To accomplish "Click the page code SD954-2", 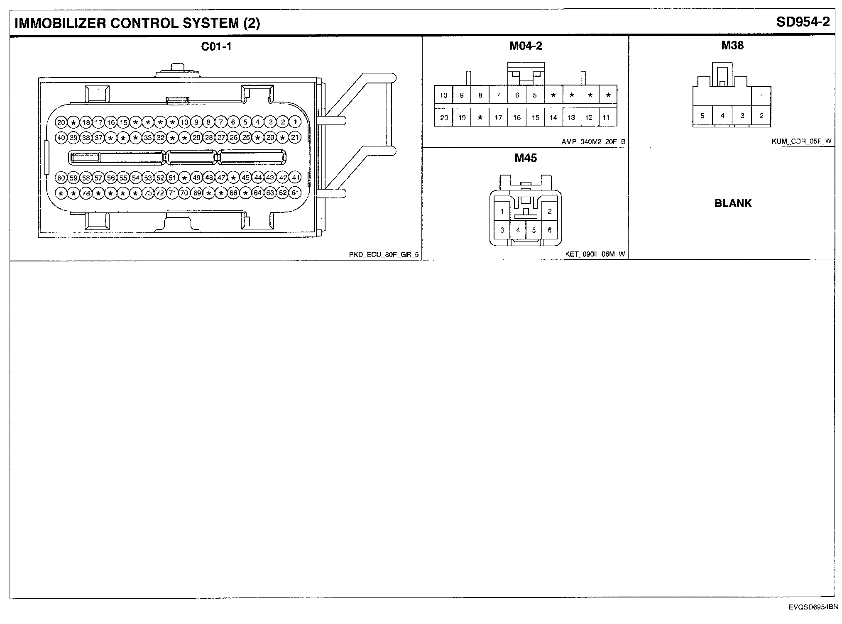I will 803,22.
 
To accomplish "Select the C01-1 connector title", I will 216,46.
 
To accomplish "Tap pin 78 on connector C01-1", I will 86,193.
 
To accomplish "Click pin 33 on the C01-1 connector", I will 148,137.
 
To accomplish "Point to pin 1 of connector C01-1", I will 295,122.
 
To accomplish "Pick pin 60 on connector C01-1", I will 61,178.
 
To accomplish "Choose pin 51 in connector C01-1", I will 172,178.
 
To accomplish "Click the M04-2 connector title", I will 526,46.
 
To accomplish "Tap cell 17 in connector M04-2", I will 498,118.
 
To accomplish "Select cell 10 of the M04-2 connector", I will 443,95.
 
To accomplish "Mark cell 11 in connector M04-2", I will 606,118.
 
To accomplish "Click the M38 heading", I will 732,45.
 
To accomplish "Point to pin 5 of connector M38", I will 702,116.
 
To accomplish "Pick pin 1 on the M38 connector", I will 761,97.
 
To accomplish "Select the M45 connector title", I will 526,158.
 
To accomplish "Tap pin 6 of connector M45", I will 550,230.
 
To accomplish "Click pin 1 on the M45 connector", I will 502,211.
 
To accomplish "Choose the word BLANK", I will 733,203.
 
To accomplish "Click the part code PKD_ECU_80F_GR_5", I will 384,255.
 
